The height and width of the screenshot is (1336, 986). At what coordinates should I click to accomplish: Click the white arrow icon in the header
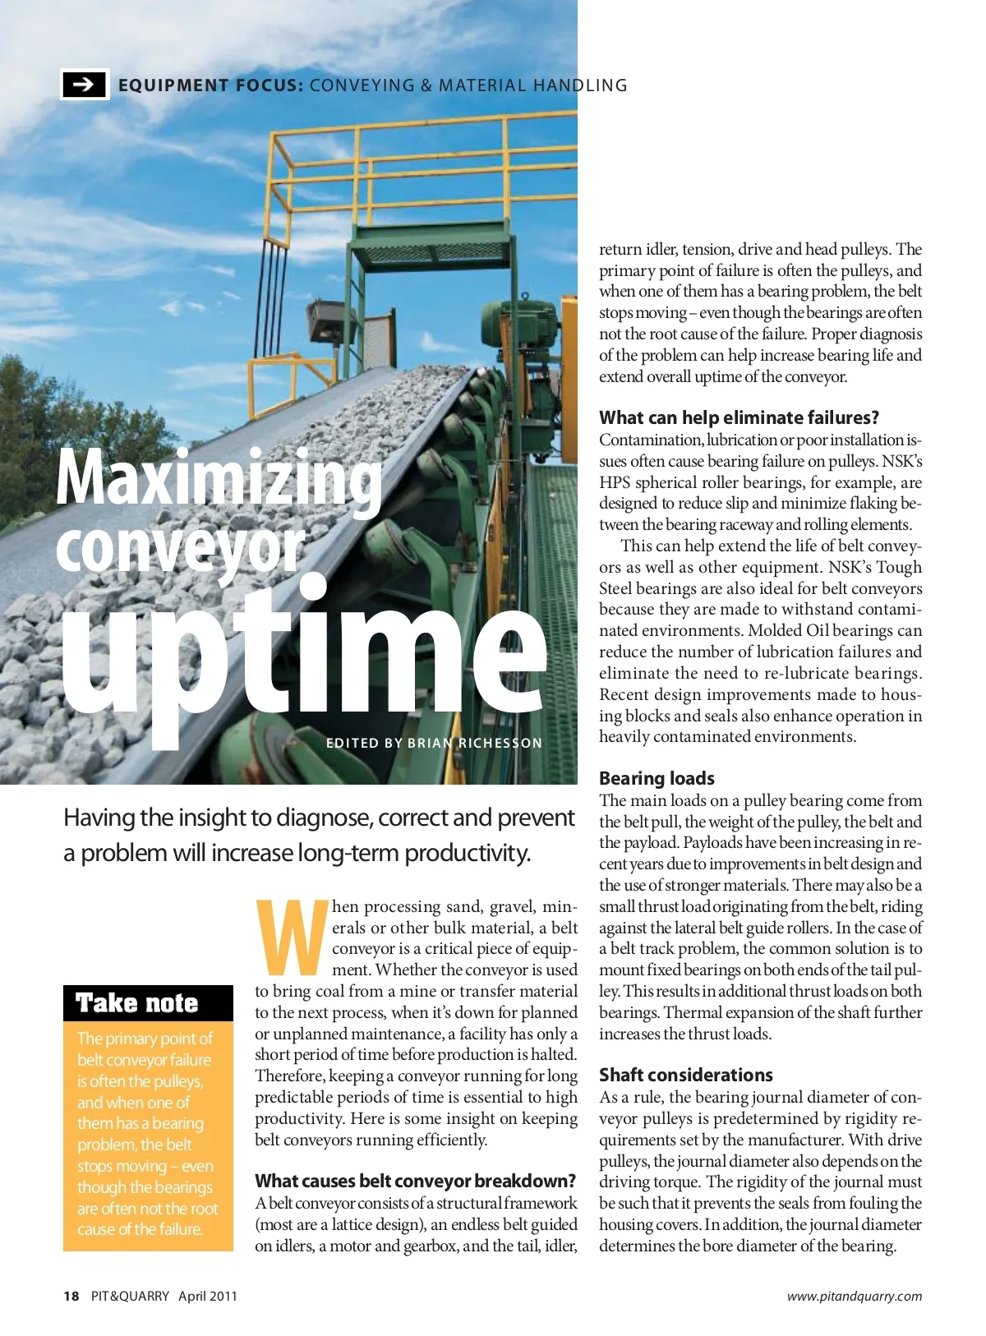[85, 84]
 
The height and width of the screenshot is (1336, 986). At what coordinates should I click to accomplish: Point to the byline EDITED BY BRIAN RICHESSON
[434, 743]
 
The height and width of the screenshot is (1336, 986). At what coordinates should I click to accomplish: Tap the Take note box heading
[137, 1003]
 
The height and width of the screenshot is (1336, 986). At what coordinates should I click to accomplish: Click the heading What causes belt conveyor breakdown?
[416, 1181]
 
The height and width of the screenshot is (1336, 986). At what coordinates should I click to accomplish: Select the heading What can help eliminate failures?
[739, 417]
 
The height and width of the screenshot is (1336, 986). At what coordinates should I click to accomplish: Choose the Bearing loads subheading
[657, 778]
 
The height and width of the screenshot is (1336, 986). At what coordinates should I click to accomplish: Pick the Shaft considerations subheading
[685, 1075]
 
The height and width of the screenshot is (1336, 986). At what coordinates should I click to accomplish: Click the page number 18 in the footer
[71, 1296]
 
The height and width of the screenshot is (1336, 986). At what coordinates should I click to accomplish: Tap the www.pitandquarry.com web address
[854, 1296]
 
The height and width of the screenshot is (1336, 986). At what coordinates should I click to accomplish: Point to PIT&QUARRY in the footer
[130, 1296]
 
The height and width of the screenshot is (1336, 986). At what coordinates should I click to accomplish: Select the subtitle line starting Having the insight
[319, 818]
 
